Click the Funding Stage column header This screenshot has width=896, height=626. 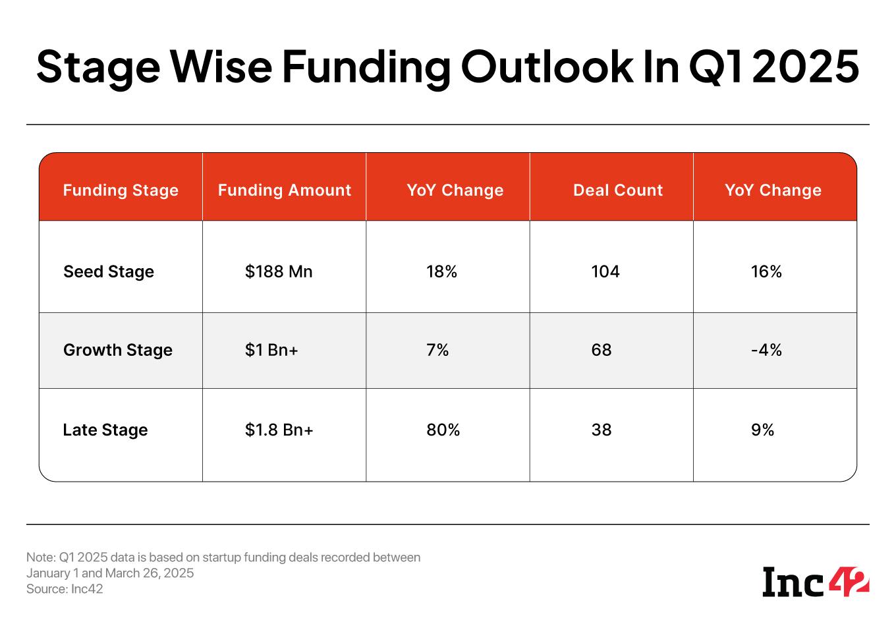click(x=121, y=190)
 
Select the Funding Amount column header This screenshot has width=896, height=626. click(x=284, y=190)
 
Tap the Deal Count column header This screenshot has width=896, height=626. click(x=617, y=190)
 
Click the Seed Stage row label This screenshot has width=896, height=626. click(x=109, y=271)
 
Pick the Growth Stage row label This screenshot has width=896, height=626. click(x=118, y=350)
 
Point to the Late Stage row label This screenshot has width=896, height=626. click(x=105, y=430)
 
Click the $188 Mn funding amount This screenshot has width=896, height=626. click(x=279, y=271)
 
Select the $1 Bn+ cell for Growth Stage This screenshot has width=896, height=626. click(x=271, y=350)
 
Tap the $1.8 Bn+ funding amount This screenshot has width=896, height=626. click(x=279, y=430)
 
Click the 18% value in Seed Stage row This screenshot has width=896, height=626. click(x=441, y=271)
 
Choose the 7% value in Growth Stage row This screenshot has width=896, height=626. click(x=437, y=350)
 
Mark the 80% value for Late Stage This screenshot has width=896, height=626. click(x=443, y=430)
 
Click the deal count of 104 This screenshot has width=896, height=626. click(x=605, y=271)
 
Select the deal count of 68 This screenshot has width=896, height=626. click(x=602, y=350)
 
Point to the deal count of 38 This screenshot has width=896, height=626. click(x=602, y=430)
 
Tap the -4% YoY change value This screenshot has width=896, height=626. click(x=766, y=350)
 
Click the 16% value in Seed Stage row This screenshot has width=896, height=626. click(x=766, y=271)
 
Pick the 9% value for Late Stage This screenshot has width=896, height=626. click(x=762, y=430)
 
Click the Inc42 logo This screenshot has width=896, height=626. click(x=816, y=581)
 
